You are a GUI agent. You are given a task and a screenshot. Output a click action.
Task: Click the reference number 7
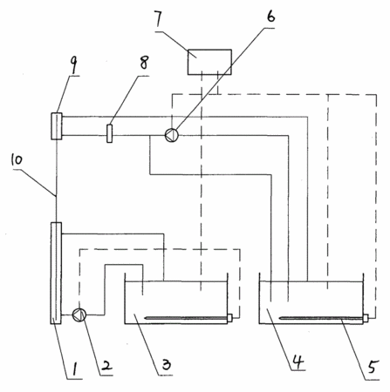[160, 19]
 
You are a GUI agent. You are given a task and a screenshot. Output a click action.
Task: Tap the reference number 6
[270, 16]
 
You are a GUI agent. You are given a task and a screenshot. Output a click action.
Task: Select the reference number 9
[74, 65]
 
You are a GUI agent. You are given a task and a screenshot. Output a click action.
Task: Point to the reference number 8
[144, 63]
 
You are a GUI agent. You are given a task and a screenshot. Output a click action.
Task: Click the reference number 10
[17, 159]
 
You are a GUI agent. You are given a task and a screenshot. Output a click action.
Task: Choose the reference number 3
[167, 364]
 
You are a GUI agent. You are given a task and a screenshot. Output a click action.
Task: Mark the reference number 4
[298, 362]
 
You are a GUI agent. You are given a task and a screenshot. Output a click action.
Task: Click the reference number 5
[373, 367]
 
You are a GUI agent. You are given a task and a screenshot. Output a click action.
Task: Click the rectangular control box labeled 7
[209, 62]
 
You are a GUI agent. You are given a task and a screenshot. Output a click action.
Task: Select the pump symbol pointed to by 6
[172, 135]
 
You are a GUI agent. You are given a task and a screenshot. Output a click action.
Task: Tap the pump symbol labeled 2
[79, 314]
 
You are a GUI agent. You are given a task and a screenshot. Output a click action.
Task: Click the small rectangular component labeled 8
[109, 133]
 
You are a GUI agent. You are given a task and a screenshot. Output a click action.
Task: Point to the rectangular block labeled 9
[57, 126]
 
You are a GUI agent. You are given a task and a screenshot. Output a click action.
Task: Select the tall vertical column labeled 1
[56, 273]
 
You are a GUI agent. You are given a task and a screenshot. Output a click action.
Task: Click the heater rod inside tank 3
[186, 318]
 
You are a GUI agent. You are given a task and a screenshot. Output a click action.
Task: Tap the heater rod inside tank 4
[321, 318]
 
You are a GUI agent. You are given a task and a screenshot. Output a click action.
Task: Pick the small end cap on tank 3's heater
[229, 318]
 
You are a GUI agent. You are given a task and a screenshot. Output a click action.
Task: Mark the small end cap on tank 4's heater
[366, 318]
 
